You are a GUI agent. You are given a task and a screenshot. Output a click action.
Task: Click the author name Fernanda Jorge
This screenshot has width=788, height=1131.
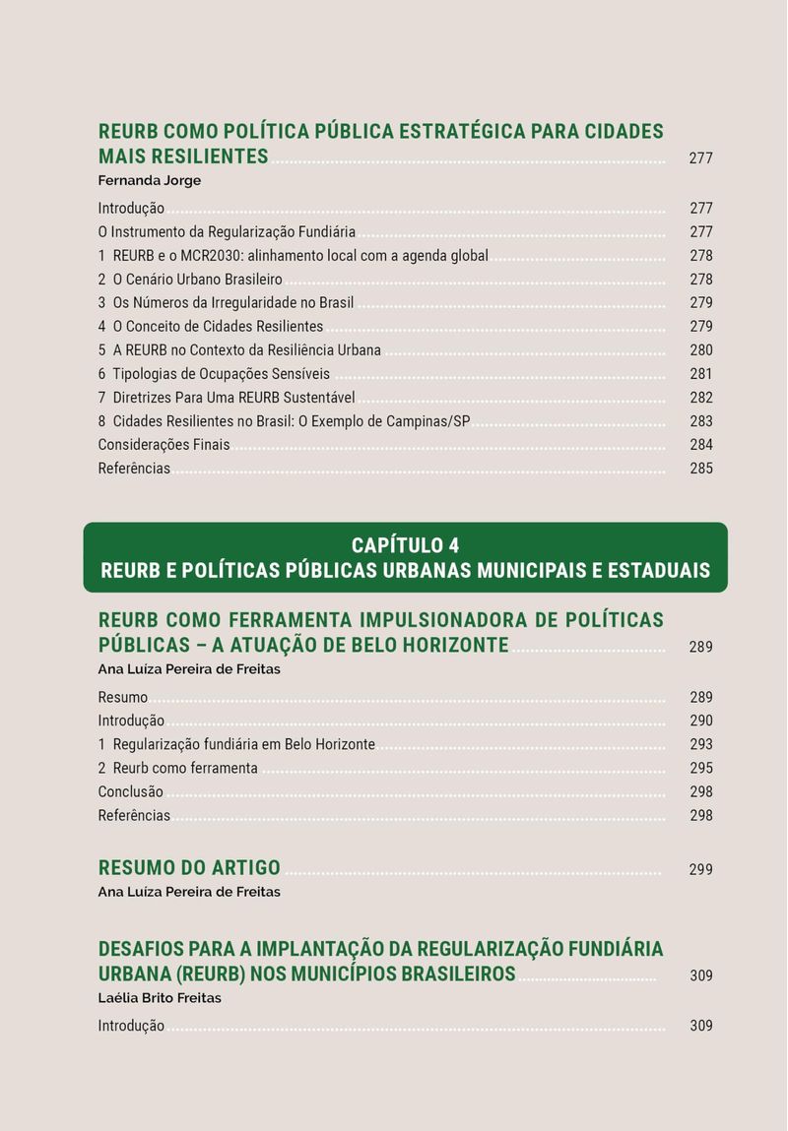click(x=150, y=180)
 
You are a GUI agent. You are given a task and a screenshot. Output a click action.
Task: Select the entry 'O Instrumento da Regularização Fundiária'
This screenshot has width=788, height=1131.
click(x=227, y=232)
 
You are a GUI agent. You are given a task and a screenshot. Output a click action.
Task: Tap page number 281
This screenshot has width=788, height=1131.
click(x=700, y=374)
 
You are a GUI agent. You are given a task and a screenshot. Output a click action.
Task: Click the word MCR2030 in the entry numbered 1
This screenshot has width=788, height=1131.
click(x=212, y=256)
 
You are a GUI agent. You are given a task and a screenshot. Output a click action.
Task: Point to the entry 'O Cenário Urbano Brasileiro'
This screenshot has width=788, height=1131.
click(x=204, y=280)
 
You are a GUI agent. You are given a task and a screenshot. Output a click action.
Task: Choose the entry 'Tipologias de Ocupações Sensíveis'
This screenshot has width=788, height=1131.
click(x=221, y=374)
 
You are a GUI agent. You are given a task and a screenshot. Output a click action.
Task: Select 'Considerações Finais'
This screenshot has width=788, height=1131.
click(x=164, y=445)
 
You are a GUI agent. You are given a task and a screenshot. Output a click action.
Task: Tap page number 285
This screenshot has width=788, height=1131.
click(x=700, y=469)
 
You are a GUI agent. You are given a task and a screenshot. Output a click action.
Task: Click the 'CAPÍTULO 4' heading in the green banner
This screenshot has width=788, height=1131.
click(x=405, y=545)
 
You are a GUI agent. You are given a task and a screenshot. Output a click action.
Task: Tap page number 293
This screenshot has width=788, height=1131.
click(x=700, y=745)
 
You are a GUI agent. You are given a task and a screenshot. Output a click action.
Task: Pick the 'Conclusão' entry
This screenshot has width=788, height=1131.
click(x=130, y=792)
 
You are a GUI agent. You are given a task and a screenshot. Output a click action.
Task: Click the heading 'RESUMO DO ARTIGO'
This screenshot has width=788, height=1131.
click(x=189, y=868)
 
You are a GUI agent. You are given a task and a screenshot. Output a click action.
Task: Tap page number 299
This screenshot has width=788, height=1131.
click(x=700, y=870)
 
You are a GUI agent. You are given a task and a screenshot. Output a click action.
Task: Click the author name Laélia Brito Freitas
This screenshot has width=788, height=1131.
click(x=160, y=998)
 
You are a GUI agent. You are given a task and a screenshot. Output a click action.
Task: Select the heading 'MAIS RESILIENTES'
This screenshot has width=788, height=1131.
click(x=183, y=157)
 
